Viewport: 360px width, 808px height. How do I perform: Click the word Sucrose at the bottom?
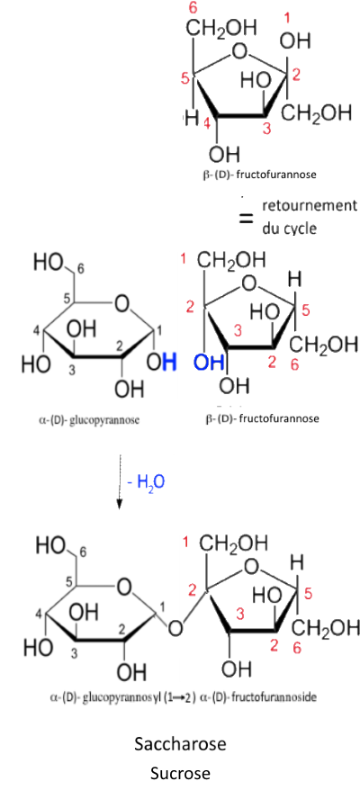pos(180,774)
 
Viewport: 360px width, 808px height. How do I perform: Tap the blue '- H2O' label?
pos(147,482)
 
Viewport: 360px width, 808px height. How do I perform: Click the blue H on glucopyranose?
pos(168,363)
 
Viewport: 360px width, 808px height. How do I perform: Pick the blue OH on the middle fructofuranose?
pos(208,363)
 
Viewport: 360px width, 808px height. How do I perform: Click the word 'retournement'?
pos(309,206)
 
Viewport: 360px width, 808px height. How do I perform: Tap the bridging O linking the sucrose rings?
pos(175,628)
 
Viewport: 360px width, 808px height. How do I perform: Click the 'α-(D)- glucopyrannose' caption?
pos(89,419)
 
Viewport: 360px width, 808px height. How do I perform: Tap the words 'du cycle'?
pos(289,229)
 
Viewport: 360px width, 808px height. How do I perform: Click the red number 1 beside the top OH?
pos(288,20)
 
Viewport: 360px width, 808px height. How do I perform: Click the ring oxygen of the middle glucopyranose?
pos(121,304)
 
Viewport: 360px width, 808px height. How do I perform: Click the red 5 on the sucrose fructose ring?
pos(309,595)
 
